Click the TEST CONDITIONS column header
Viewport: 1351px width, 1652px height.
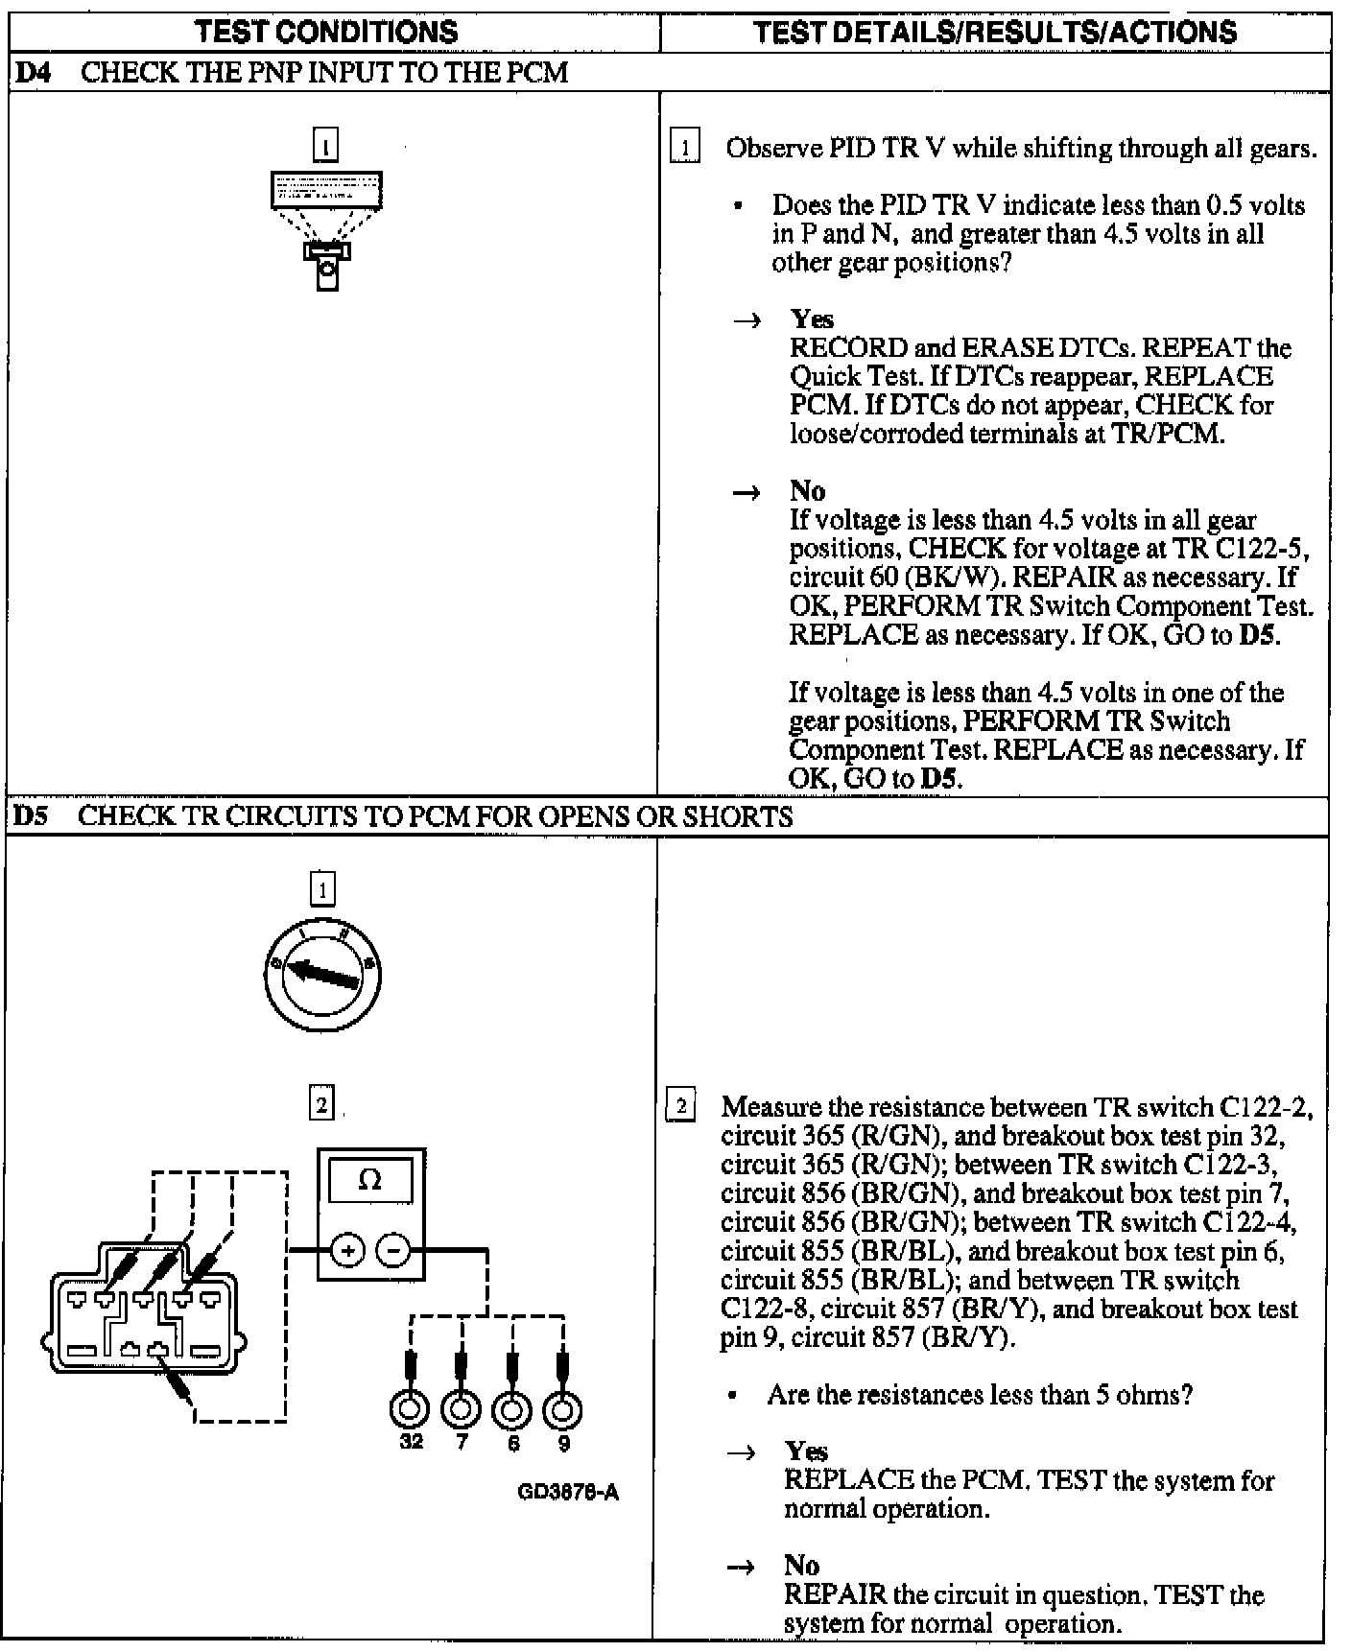tap(326, 32)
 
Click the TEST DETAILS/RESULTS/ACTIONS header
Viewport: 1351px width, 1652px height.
tap(995, 32)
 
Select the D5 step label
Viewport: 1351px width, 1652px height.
tap(32, 816)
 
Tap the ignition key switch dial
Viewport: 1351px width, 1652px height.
tap(322, 977)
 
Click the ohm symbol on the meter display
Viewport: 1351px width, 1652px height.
tap(369, 1181)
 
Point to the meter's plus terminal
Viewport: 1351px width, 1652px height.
tap(346, 1251)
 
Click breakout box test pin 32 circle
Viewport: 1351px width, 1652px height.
tap(410, 1409)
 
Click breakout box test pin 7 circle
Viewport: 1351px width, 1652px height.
tap(461, 1409)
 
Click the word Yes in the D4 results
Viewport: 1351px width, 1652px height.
tap(812, 319)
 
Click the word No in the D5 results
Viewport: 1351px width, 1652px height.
tap(801, 1565)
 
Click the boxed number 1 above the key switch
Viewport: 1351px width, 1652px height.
tap(322, 889)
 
